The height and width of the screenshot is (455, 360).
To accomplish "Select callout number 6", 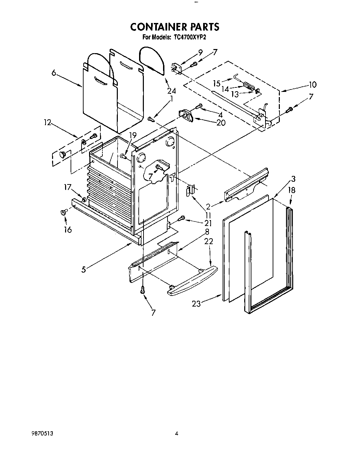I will (x=54, y=73).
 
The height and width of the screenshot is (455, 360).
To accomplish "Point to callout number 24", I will (x=171, y=91).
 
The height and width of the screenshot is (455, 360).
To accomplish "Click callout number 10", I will (x=312, y=84).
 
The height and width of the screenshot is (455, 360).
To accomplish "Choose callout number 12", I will (x=47, y=122).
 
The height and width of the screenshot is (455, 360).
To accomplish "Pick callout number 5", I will (x=84, y=269).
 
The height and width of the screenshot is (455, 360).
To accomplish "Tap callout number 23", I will (x=196, y=303).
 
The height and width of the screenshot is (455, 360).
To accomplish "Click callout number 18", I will (x=291, y=190).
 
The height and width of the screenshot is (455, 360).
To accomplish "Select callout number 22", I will (x=208, y=241).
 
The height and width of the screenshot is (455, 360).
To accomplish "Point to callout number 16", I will (x=68, y=229).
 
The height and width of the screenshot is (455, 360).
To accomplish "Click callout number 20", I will (x=221, y=122).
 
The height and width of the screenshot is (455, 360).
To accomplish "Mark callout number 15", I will (x=216, y=83).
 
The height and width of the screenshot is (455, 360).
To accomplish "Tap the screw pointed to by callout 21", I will (x=182, y=218).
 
